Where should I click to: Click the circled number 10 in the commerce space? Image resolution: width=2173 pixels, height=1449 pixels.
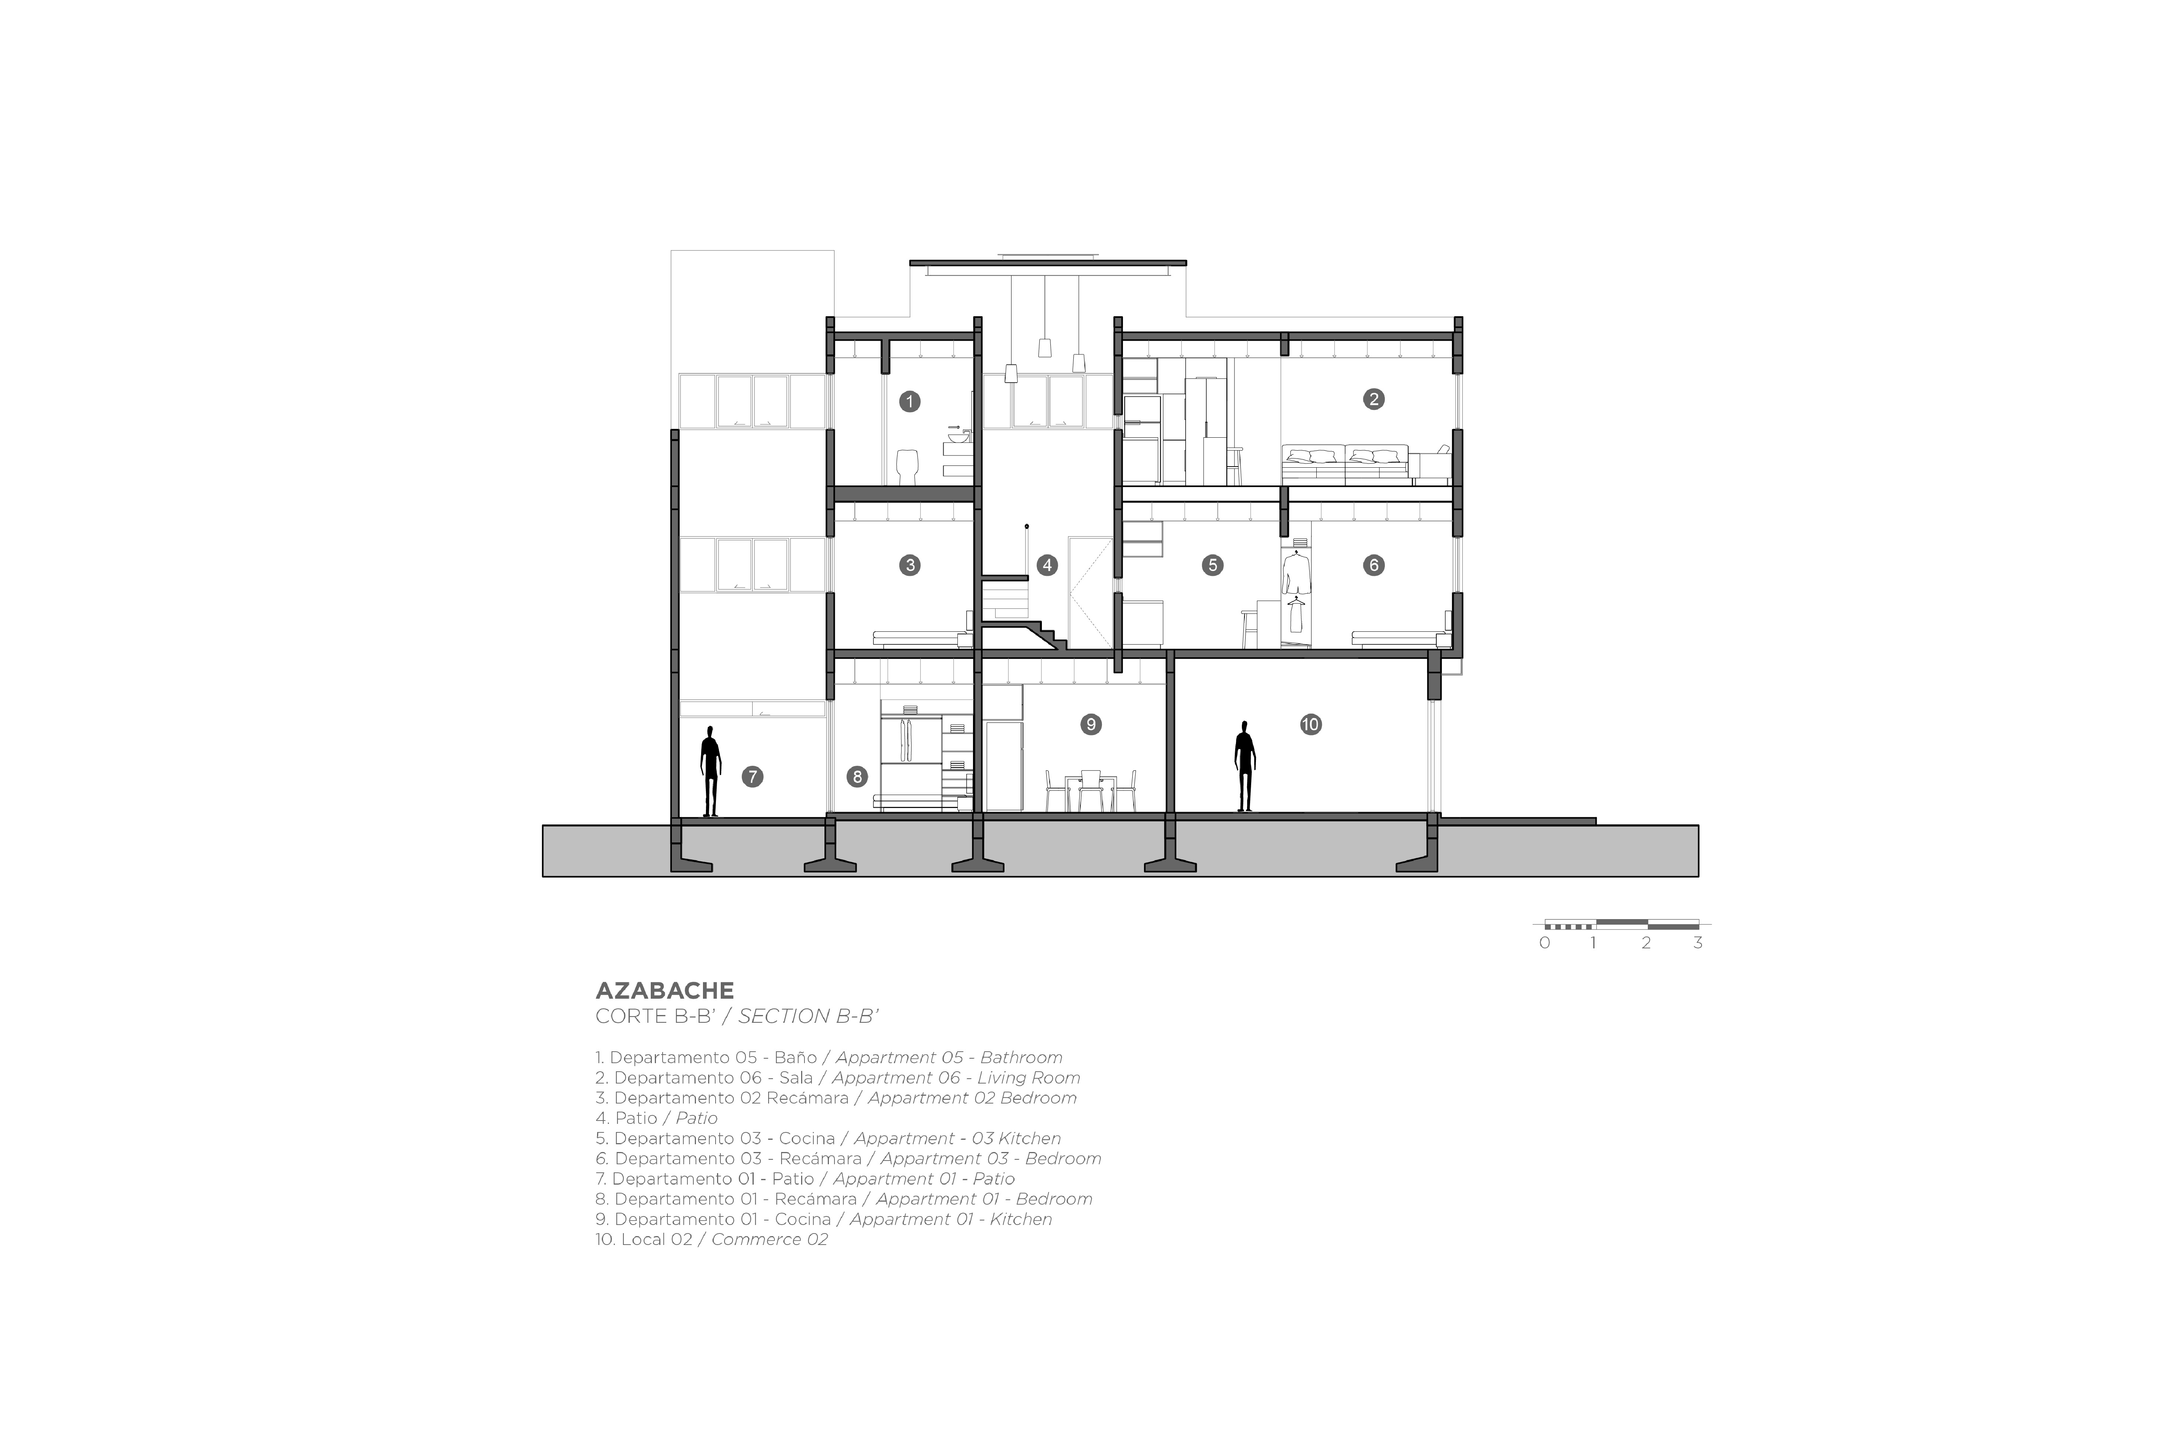point(1311,724)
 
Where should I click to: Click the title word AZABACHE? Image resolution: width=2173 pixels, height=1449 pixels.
point(664,991)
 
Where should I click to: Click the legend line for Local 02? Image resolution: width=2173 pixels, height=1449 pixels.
point(712,1239)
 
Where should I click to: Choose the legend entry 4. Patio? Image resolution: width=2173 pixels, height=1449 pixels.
point(656,1118)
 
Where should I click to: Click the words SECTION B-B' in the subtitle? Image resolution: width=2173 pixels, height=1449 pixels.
point(808,1016)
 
